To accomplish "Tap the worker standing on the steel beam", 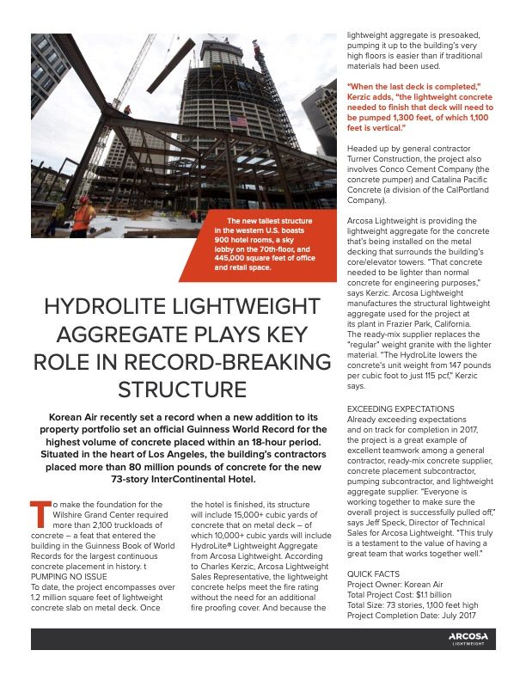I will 127,111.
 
